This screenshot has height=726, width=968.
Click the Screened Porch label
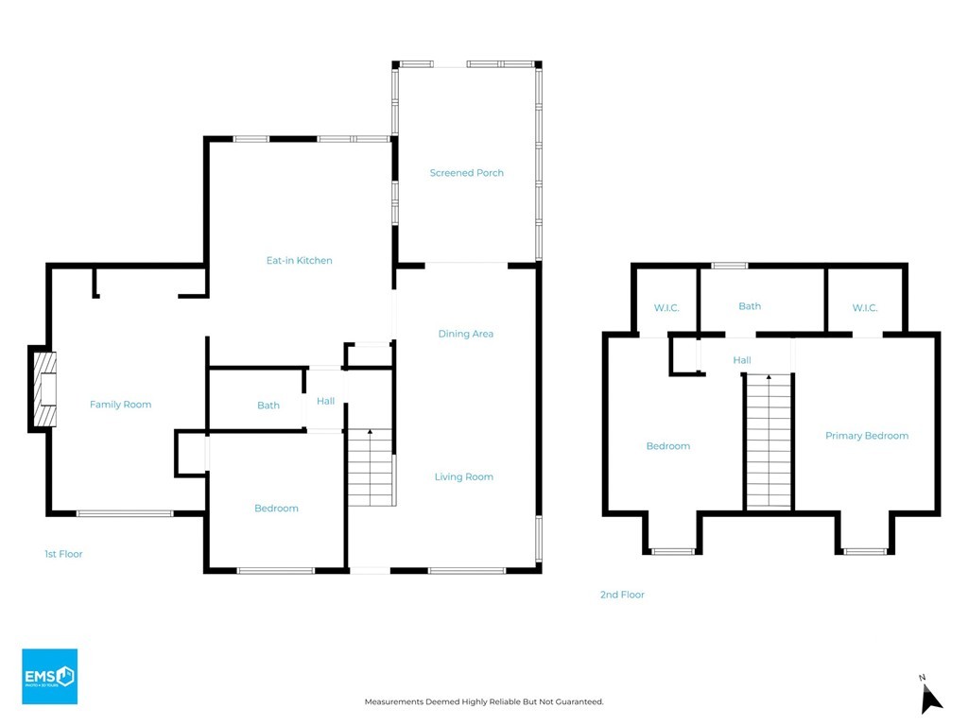[467, 173]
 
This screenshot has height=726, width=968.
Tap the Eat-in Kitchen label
[300, 261]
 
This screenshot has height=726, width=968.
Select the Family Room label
[120, 405]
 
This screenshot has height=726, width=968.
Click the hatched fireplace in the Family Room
[44, 389]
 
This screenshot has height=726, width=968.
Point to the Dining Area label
[465, 334]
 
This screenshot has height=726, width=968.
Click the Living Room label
[463, 476]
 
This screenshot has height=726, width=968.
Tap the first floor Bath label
[268, 405]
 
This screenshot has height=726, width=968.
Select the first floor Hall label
[325, 401]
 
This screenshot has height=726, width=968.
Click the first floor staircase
[371, 467]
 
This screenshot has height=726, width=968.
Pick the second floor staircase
[769, 441]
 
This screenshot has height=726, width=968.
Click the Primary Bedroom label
[867, 436]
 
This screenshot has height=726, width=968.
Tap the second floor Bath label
[750, 306]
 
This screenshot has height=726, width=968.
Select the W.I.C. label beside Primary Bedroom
[865, 308]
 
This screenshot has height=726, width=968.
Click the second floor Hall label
[742, 360]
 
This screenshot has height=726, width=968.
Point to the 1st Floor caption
[63, 554]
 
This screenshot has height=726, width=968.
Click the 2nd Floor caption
[622, 595]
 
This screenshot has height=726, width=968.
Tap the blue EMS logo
[50, 676]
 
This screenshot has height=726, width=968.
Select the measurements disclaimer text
[484, 702]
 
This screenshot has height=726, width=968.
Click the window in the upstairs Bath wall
[729, 266]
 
